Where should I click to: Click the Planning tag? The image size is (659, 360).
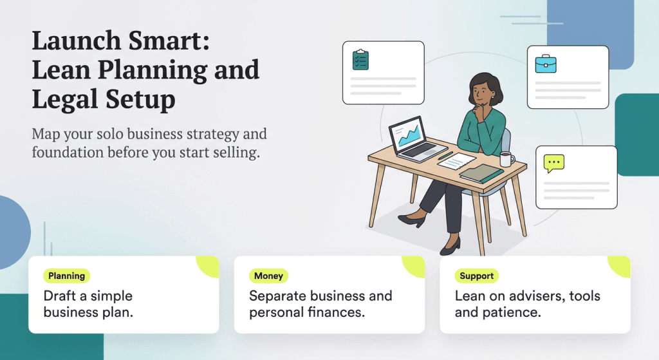click(67, 276)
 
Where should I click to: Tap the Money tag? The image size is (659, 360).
click(268, 276)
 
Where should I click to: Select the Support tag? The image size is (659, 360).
click(477, 276)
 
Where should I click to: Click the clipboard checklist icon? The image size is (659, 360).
click(360, 60)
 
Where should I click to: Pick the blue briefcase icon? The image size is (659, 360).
click(546, 64)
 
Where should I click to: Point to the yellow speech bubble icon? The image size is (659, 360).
click(553, 163)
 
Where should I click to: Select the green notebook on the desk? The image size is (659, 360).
click(481, 172)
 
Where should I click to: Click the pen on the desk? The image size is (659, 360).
click(445, 156)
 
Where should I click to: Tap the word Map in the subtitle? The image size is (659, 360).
click(46, 135)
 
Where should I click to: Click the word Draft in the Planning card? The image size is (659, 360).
click(60, 296)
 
